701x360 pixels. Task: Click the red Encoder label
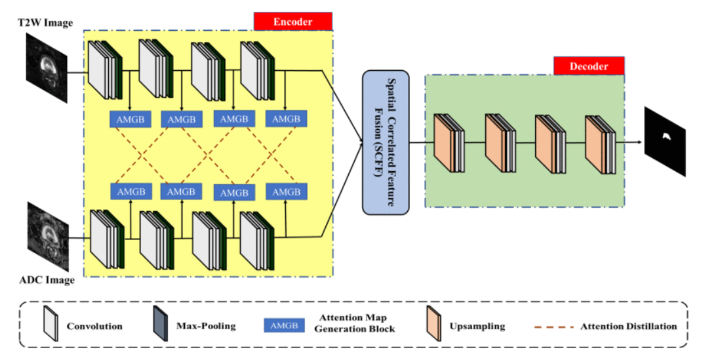click(x=292, y=21)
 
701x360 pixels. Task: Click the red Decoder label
click(x=588, y=66)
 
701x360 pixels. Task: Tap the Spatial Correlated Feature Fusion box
click(x=386, y=142)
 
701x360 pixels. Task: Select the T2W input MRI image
click(x=47, y=67)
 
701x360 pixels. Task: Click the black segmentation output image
click(x=665, y=141)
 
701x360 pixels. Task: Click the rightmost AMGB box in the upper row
click(x=286, y=119)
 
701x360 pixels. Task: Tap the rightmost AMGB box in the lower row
click(x=286, y=192)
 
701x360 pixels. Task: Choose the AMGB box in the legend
click(x=283, y=326)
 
